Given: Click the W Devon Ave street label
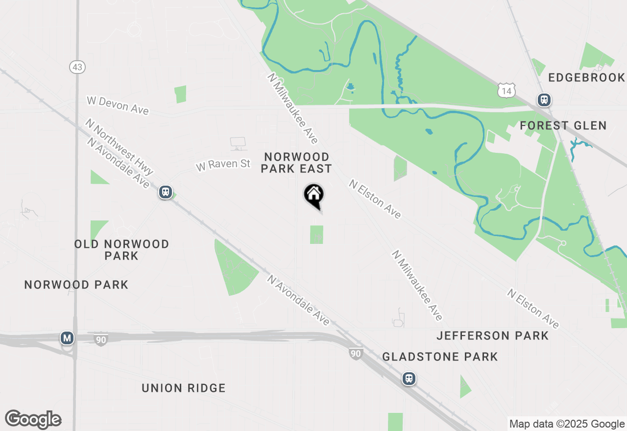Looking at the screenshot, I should (x=118, y=105).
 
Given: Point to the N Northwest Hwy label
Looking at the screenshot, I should (x=120, y=146).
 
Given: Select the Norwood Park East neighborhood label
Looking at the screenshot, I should (x=296, y=163).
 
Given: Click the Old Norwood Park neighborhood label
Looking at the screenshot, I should (x=121, y=250).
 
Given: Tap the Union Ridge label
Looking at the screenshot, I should (x=184, y=388).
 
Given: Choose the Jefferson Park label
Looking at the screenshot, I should (x=492, y=336).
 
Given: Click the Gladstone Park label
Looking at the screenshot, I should (x=440, y=357).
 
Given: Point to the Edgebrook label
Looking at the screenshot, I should (x=586, y=78).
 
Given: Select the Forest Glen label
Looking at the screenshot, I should (x=563, y=126).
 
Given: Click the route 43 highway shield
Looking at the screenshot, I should (x=77, y=67).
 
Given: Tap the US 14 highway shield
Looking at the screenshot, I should (x=506, y=90).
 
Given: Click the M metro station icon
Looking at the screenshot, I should (x=67, y=338).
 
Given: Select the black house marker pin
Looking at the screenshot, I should (x=313, y=195).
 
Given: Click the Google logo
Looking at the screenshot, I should (x=33, y=420).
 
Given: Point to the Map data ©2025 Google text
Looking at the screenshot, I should (x=567, y=424).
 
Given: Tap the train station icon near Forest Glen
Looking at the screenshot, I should (x=544, y=100).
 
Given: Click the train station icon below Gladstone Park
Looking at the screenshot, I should (x=409, y=379).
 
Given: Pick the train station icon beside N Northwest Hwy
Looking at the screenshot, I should (x=166, y=192).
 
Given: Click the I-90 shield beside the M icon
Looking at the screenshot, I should (x=100, y=339).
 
